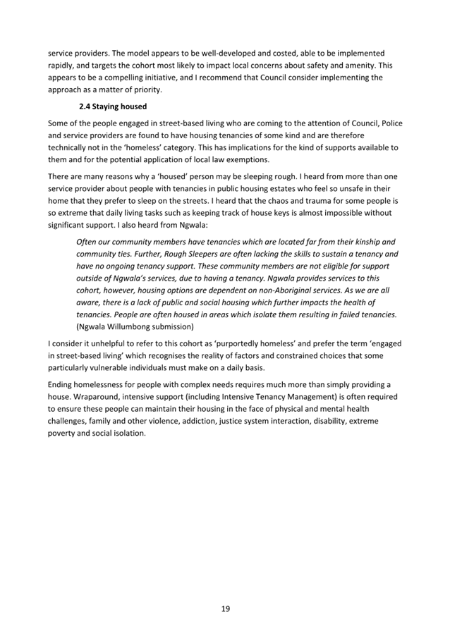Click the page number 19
pos(225,608)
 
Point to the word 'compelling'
pos(139,78)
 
